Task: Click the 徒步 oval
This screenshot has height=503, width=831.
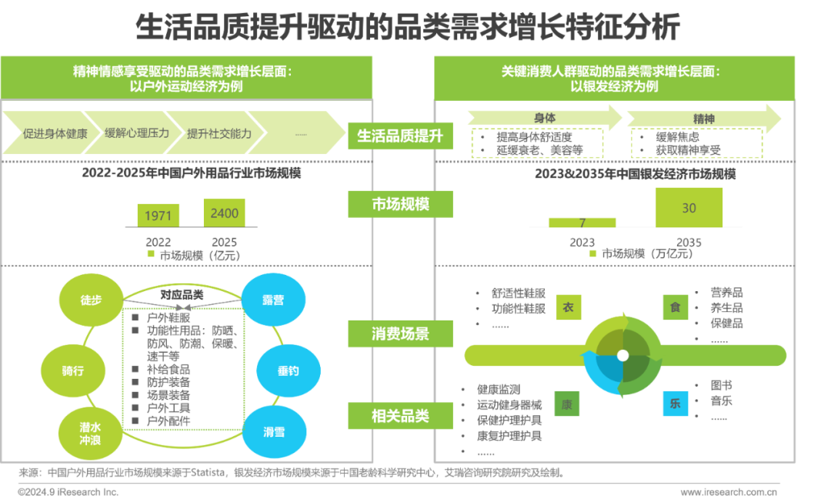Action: point(91,300)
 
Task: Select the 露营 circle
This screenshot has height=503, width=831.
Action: point(273,300)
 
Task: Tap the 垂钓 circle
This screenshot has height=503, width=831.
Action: point(288,371)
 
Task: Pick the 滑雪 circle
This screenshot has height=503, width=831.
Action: point(273,432)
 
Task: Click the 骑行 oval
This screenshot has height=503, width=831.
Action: point(73,371)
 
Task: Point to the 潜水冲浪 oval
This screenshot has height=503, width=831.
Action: point(90,432)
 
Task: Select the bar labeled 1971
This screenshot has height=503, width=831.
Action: point(159,216)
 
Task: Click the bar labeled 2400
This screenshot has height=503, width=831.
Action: point(225,213)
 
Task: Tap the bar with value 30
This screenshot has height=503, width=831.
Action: point(689,207)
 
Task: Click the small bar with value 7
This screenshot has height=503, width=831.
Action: point(582,223)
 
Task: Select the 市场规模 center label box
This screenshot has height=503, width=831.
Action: point(400,204)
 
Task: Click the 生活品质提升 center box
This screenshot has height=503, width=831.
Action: point(400,136)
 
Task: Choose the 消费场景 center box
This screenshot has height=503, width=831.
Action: point(400,334)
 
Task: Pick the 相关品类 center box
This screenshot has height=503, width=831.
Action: point(400,416)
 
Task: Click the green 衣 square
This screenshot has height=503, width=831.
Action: point(568,307)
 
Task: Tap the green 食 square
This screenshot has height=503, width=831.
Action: point(675,307)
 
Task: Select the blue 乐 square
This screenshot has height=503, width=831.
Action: point(675,403)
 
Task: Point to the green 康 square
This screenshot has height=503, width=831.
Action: point(568,403)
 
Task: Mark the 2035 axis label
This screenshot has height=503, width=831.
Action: point(689,242)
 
